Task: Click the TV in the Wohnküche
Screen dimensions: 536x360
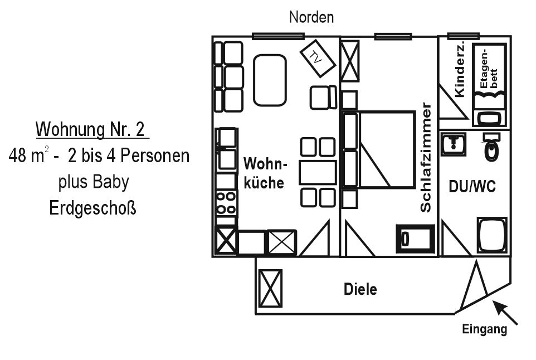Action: click(x=318, y=59)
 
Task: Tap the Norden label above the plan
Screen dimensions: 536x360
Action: click(x=311, y=17)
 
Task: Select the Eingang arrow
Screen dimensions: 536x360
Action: click(x=505, y=313)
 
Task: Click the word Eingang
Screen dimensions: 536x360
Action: click(x=484, y=329)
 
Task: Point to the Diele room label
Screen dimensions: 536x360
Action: click(x=360, y=289)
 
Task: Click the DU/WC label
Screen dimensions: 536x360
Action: click(x=472, y=187)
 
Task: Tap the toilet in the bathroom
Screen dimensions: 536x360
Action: click(x=492, y=147)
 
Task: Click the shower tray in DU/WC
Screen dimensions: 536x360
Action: click(x=492, y=236)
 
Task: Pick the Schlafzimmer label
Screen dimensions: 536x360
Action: click(x=426, y=157)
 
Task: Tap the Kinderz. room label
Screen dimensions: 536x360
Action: click(x=460, y=70)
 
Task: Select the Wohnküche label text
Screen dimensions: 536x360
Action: click(x=264, y=173)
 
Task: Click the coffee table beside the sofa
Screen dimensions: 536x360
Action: click(x=270, y=80)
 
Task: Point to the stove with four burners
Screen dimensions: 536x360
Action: click(x=226, y=203)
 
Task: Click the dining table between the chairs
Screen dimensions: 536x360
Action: click(x=318, y=173)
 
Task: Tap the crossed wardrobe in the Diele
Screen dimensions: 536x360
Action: click(x=270, y=288)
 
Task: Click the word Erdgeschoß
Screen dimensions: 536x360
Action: click(x=92, y=207)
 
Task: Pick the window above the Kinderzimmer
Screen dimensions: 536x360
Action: click(x=463, y=36)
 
